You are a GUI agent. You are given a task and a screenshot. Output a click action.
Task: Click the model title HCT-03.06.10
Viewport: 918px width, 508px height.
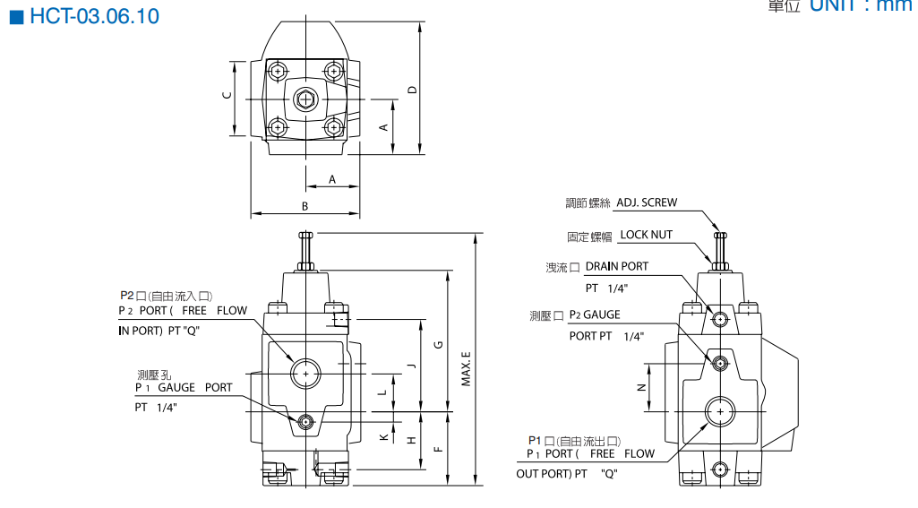pos(93,17)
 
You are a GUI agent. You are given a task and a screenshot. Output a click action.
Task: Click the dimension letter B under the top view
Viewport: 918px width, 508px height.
pos(305,206)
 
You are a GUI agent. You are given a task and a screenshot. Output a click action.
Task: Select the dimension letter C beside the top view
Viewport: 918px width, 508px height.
pos(227,96)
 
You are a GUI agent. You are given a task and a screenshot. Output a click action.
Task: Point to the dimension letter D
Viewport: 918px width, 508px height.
pos(412,89)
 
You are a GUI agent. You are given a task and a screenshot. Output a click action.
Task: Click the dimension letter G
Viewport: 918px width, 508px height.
pos(438,345)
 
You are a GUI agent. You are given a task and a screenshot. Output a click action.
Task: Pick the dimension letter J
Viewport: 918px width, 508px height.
pos(411,365)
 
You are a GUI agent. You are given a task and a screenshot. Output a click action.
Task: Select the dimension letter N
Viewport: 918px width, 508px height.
pos(640,387)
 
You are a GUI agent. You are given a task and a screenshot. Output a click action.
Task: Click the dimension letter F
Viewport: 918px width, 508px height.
pos(438,448)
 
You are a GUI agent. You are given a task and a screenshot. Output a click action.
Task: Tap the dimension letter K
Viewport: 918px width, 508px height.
pos(383,437)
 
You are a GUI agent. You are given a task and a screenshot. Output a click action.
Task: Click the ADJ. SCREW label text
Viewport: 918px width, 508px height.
pos(647,202)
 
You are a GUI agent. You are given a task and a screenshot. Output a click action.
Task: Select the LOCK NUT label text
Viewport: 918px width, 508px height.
pos(647,235)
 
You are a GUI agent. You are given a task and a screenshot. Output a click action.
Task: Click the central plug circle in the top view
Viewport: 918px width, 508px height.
pos(305,99)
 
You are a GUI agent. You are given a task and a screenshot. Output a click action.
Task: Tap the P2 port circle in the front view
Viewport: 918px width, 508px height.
pos(305,372)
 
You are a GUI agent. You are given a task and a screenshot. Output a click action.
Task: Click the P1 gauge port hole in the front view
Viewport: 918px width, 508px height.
pos(305,421)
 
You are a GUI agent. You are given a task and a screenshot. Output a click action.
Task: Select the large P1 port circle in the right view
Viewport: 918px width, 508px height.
pos(719,411)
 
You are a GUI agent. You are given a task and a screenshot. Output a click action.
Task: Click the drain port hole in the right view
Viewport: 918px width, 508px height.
pos(719,318)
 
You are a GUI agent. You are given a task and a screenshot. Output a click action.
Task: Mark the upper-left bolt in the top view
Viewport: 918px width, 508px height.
pos(279,71)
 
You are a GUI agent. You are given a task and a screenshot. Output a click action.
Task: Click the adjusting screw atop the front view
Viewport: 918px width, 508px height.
pos(305,245)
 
